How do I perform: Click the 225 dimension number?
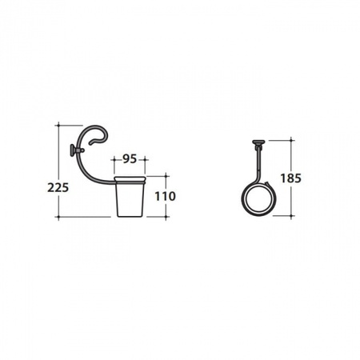click(58, 187)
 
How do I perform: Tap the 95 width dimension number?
click(130, 159)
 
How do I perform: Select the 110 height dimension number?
click(166, 196)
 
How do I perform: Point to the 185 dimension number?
click(290, 178)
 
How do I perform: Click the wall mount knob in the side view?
click(73, 150)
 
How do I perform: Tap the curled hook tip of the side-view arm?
click(91, 144)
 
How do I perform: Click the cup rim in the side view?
click(130, 179)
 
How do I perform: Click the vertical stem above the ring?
click(258, 162)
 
